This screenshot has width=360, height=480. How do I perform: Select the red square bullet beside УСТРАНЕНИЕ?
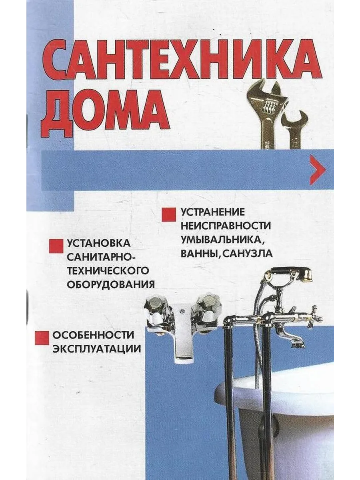[169, 215]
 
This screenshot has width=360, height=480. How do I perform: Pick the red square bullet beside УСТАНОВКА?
[56, 246]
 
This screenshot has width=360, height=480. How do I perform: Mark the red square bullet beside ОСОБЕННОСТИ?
[42, 338]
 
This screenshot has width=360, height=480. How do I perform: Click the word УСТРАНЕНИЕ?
[212, 212]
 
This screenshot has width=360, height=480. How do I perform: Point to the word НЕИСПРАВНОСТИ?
[226, 226]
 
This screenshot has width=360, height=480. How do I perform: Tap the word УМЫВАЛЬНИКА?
[221, 240]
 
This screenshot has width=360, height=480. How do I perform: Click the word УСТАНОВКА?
[98, 243]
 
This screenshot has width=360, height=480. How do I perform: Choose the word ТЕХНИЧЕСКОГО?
[108, 271]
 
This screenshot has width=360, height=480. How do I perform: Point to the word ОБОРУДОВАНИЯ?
[111, 284]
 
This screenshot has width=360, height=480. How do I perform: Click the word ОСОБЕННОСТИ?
[93, 335]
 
